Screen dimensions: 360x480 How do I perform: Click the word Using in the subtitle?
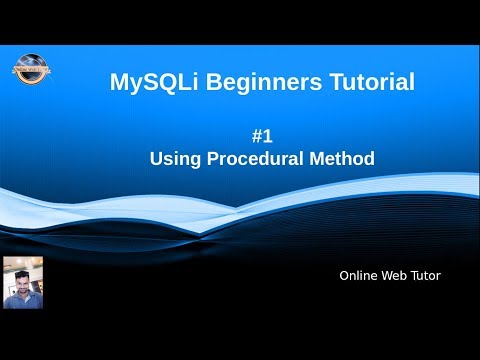click(x=170, y=158)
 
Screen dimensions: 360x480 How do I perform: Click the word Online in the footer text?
click(x=358, y=275)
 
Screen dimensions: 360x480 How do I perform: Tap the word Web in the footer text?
click(x=395, y=275)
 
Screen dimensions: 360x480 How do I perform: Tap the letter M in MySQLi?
click(x=119, y=83)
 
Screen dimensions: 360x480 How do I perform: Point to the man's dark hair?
click(x=23, y=267)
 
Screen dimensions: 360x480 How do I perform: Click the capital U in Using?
click(x=156, y=157)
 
